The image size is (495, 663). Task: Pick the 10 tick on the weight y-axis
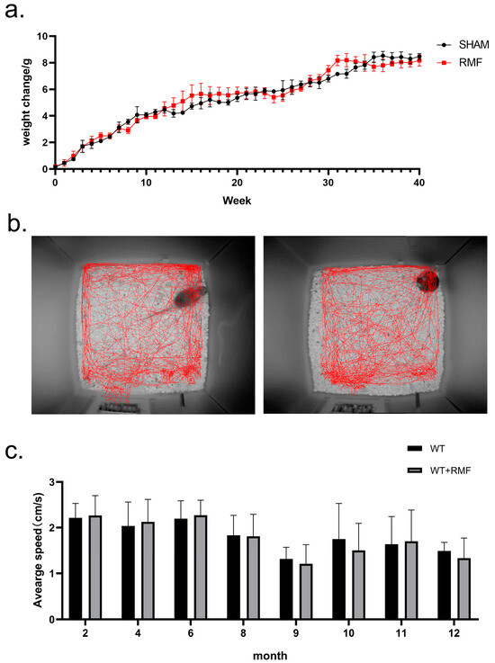tap(40, 37)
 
